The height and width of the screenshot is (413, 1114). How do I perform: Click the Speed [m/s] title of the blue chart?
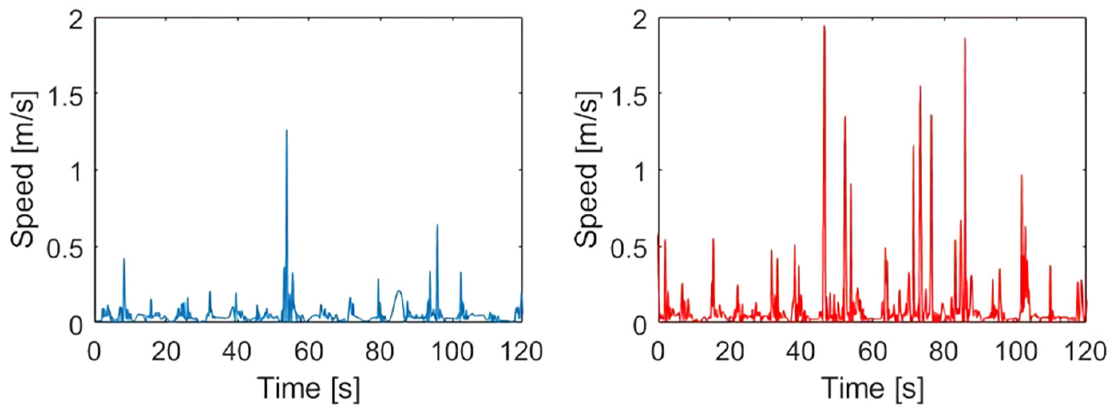[x=24, y=169]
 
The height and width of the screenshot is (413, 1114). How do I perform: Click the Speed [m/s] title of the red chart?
[x=587, y=169]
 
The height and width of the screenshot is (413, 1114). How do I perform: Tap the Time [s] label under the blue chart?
[x=308, y=388]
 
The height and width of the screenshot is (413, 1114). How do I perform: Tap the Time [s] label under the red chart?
[x=872, y=388]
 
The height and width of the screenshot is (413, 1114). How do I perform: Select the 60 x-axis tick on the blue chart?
[x=308, y=352]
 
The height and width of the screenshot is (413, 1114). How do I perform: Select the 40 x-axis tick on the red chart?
[x=801, y=352]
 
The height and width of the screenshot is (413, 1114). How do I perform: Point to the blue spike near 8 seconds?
[x=124, y=260]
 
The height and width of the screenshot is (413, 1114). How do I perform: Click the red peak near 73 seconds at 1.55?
[x=920, y=87]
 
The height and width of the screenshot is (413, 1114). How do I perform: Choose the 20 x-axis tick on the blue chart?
[x=166, y=352]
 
